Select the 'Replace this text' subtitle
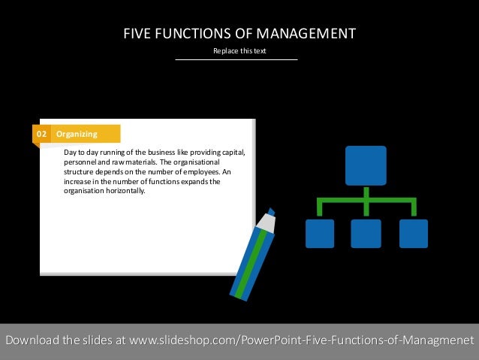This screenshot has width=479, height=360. [239, 51]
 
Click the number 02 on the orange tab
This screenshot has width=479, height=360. [41, 134]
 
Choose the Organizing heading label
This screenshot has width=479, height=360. [77, 134]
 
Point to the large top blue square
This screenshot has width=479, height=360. [366, 165]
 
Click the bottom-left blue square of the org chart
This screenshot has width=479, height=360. [320, 233]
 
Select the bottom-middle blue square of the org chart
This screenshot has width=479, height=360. [366, 233]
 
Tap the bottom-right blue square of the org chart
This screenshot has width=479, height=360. [414, 233]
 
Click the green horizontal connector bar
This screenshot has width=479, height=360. [366, 201]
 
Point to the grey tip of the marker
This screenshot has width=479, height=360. [266, 223]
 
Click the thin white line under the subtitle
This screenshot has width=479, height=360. [236, 59]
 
